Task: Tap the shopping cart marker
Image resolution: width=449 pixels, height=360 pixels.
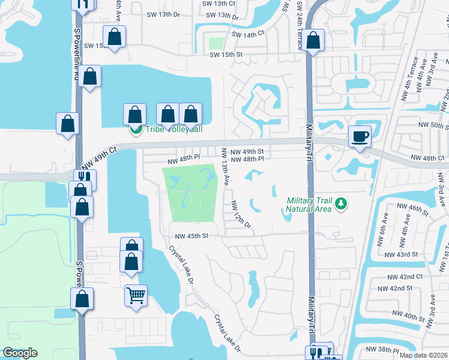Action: pyautogui.click(x=136, y=295)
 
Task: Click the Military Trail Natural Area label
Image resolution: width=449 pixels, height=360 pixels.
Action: pyautogui.click(x=309, y=205)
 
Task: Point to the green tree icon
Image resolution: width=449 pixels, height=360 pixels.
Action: pyautogui.click(x=341, y=205)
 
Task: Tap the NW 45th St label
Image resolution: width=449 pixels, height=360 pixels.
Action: pyautogui.click(x=191, y=236)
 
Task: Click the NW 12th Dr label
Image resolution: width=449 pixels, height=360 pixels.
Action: pyautogui.click(x=240, y=214)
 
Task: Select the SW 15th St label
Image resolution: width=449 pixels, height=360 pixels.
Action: pyautogui.click(x=226, y=55)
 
